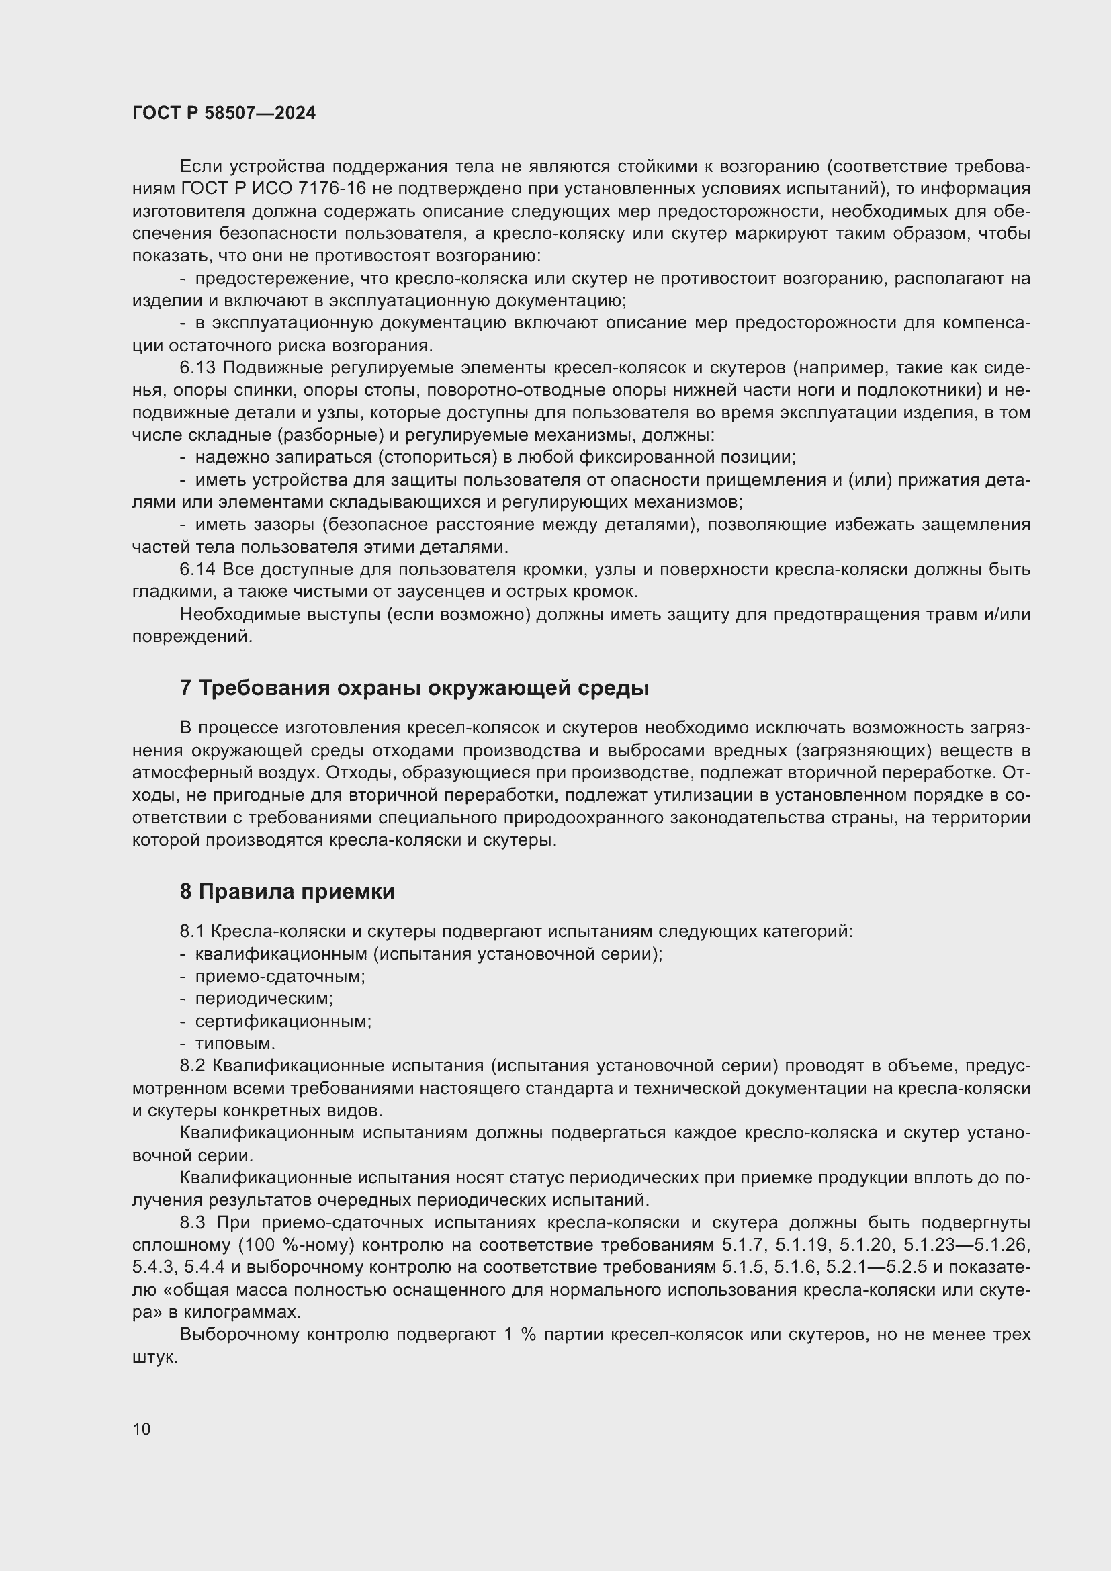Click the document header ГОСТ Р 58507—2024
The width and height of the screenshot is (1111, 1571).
(x=224, y=114)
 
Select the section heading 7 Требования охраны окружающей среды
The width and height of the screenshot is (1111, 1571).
(x=414, y=688)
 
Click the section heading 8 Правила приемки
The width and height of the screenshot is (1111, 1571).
(x=287, y=891)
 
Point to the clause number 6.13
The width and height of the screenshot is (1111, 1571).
(x=197, y=368)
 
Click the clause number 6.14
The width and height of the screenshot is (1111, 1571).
(x=197, y=570)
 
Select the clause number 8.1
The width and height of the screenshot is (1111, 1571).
(x=192, y=931)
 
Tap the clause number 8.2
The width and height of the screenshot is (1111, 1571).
(x=192, y=1065)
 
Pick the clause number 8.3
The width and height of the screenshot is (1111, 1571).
(x=193, y=1222)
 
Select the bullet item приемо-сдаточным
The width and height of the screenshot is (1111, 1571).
(x=280, y=977)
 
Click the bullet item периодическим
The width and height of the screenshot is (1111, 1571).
(x=264, y=998)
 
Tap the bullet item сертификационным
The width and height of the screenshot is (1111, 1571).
(x=283, y=1022)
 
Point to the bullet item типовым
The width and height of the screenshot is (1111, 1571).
(x=234, y=1044)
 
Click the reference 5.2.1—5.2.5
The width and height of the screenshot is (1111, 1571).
(x=877, y=1267)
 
